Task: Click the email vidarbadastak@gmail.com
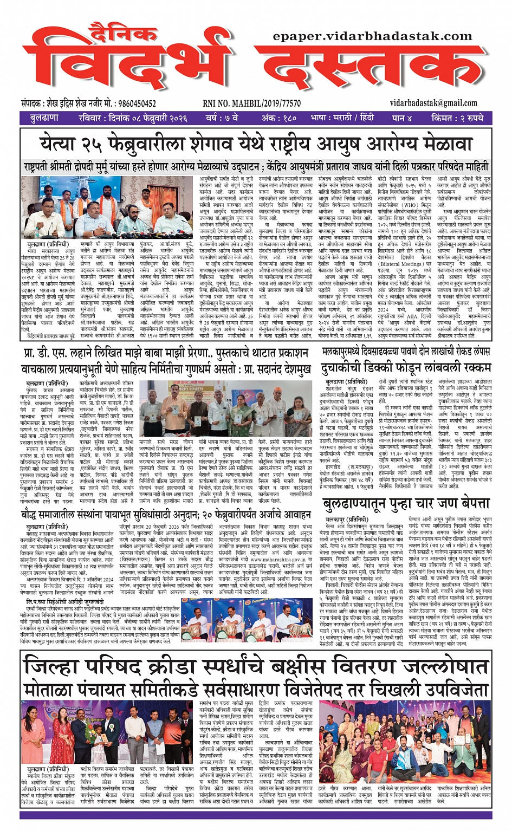coord(433,103)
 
